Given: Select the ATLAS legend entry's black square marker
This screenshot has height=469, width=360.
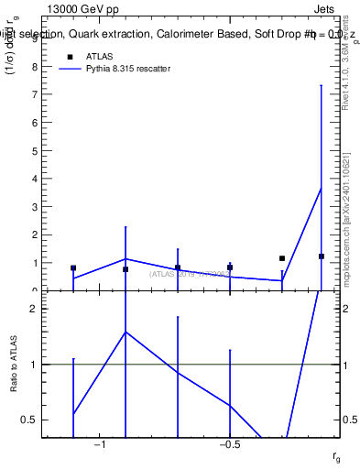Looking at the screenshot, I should coord(68,56).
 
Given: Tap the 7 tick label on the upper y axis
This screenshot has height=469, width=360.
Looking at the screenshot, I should coord(34,123).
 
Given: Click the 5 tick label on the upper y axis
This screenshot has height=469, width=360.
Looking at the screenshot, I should coord(34,179).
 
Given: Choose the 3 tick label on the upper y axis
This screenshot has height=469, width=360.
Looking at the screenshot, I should coord(34,234).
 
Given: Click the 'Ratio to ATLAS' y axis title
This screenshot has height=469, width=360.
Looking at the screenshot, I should coord(14,365).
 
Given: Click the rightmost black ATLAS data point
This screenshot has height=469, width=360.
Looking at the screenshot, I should coord(322,256).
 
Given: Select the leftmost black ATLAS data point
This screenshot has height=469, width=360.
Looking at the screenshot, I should coord(73,268).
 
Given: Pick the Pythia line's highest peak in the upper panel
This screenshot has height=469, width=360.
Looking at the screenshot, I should coord(322,188).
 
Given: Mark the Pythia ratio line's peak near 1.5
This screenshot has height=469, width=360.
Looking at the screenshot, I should coord(125,332).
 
